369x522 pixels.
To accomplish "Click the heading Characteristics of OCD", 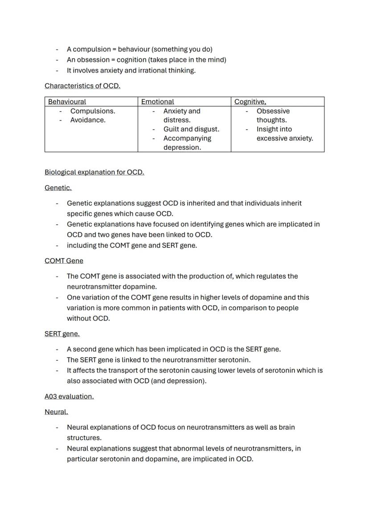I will point(82,86).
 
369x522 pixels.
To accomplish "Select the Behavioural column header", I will point(67,102).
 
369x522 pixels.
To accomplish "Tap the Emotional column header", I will point(157,102).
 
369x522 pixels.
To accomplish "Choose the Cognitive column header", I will point(250,102).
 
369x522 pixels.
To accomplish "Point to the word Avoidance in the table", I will point(88,120).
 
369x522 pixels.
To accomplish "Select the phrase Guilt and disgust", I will point(191,129).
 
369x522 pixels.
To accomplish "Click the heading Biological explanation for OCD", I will point(94,172).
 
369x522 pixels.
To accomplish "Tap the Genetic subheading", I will point(58,188).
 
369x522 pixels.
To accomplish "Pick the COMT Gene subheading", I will point(64,261).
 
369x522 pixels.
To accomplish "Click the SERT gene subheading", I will point(62,333).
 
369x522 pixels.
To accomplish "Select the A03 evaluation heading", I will point(69,396).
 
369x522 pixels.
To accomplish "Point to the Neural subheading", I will point(56,412).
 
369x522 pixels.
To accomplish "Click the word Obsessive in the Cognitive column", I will point(273,111).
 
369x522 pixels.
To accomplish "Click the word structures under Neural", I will point(84,438).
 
